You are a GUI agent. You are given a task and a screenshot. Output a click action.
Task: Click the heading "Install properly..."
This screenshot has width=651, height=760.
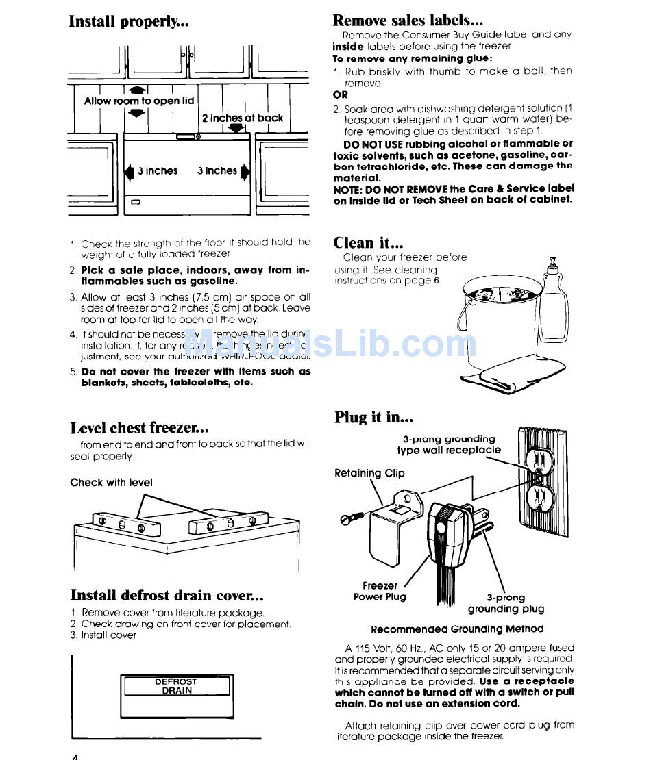pyautogui.click(x=129, y=21)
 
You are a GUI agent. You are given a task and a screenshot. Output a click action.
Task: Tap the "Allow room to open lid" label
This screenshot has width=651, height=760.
pyautogui.click(x=139, y=101)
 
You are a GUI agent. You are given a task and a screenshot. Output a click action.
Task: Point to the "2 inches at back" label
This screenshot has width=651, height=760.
pyautogui.click(x=243, y=118)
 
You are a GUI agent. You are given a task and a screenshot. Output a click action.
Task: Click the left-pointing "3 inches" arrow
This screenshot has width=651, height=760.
pyautogui.click(x=128, y=171)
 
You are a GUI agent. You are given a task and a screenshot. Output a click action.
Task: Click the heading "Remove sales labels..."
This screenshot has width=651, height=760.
pyautogui.click(x=408, y=21)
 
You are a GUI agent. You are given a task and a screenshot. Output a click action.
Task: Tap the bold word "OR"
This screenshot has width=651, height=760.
pyautogui.click(x=341, y=95)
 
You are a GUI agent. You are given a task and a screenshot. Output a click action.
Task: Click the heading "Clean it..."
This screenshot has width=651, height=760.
pyautogui.click(x=368, y=242)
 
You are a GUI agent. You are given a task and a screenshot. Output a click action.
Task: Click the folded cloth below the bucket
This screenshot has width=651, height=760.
pyautogui.click(x=499, y=379)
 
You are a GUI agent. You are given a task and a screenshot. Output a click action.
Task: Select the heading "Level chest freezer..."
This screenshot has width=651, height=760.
pyautogui.click(x=140, y=428)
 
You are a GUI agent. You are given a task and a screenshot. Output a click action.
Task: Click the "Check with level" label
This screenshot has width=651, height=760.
pyautogui.click(x=111, y=483)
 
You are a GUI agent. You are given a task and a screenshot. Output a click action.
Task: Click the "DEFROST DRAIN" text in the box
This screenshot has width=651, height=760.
pyautogui.click(x=175, y=686)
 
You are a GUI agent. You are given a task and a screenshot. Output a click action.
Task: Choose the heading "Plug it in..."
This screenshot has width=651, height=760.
pyautogui.click(x=374, y=417)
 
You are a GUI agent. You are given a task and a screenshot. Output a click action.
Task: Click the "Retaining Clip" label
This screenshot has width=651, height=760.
pyautogui.click(x=369, y=473)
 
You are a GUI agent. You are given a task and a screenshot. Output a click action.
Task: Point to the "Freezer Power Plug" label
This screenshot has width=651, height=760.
pyautogui.click(x=380, y=591)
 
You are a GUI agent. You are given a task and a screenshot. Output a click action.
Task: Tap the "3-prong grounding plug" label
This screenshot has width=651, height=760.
pyautogui.click(x=506, y=603)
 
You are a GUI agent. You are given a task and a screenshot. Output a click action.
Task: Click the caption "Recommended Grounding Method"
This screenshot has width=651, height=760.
pyautogui.click(x=457, y=629)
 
